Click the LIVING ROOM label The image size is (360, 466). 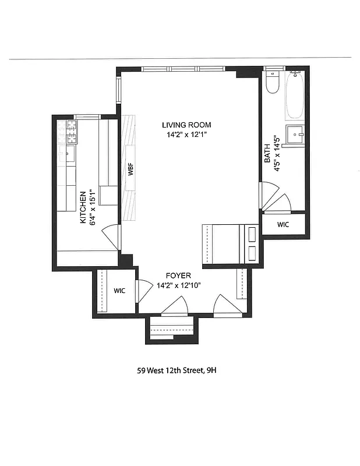coord(186,125)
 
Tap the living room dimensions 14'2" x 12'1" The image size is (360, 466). coord(186,135)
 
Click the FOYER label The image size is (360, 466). coord(178,276)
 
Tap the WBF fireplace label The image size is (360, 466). coord(131,170)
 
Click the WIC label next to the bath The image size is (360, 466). coord(283,224)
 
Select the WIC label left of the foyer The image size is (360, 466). coord(119,290)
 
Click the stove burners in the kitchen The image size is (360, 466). coord(72,132)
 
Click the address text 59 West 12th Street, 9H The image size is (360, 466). coord(179,369)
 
